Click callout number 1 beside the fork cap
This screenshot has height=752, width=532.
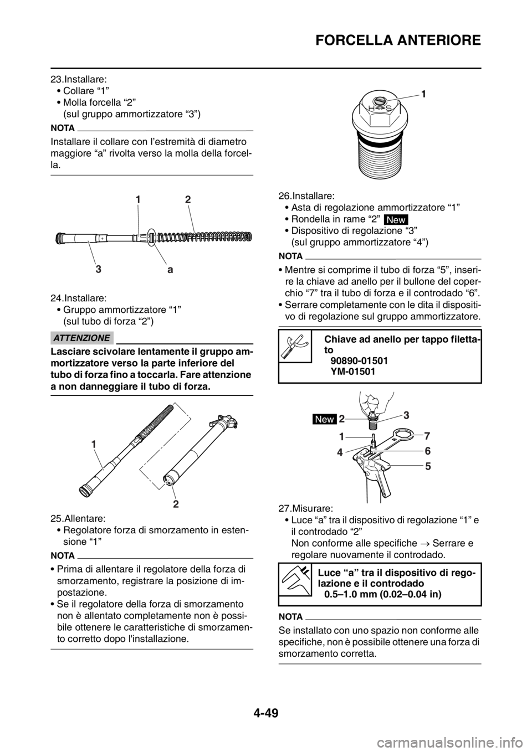click(x=423, y=95)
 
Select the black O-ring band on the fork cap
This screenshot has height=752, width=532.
click(x=379, y=143)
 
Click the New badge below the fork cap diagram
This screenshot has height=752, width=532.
click(x=396, y=220)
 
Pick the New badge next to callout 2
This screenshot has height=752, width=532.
click(x=324, y=419)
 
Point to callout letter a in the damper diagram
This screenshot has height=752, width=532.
click(x=170, y=271)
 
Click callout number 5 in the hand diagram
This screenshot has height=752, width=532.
click(x=428, y=466)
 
